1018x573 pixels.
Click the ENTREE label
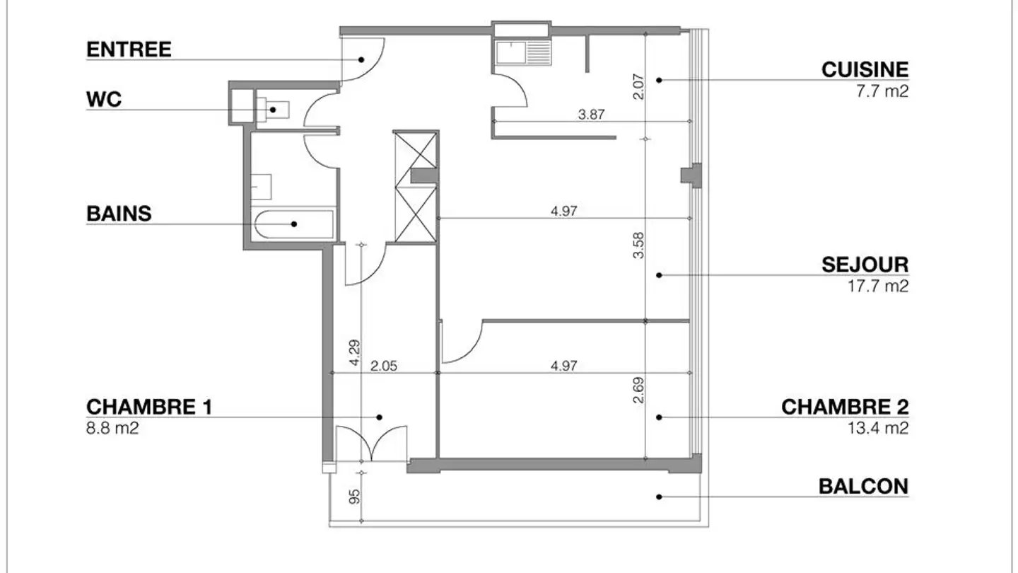click(129, 50)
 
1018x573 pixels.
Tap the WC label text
click(104, 100)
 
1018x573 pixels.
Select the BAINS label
click(119, 213)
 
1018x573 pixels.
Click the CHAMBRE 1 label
click(149, 407)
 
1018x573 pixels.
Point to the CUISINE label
click(865, 69)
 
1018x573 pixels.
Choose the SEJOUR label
click(865, 265)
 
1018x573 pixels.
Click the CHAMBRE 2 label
click(845, 407)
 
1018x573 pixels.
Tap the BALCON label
click(863, 487)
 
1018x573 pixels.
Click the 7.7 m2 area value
click(883, 91)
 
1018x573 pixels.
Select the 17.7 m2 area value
click(878, 286)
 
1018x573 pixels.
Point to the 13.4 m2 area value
click(878, 428)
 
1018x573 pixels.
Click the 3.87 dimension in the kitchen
click(591, 114)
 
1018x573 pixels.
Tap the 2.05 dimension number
click(385, 366)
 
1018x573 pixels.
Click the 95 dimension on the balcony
click(356, 496)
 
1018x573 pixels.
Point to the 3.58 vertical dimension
click(639, 245)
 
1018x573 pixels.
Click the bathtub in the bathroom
click(293, 224)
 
